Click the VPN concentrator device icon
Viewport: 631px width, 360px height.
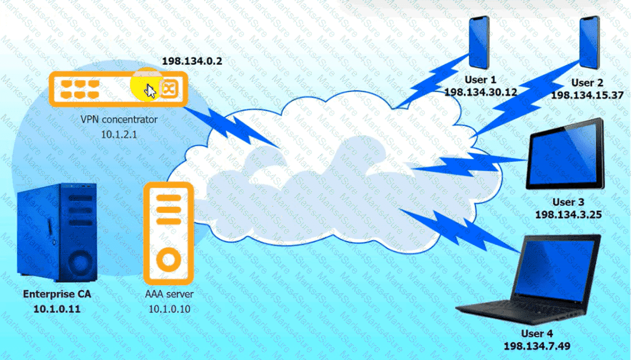pyautogui.click(x=118, y=89)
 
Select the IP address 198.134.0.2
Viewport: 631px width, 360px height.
pyautogui.click(x=192, y=61)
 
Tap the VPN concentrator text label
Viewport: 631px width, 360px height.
pyautogui.click(x=119, y=119)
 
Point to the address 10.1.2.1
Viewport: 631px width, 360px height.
pyautogui.click(x=119, y=135)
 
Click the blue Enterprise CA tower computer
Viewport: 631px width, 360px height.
pyautogui.click(x=57, y=231)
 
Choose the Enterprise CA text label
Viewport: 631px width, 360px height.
pyautogui.click(x=57, y=294)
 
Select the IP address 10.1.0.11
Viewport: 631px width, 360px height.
pyautogui.click(x=57, y=309)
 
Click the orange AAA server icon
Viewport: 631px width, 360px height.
pyautogui.click(x=168, y=233)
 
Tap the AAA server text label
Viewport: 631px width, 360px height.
pyautogui.click(x=169, y=294)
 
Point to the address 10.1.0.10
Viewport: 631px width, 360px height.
pyautogui.click(x=169, y=309)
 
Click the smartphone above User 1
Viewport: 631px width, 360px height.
pyautogui.click(x=479, y=42)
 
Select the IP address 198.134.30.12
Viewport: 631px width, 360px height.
pyautogui.click(x=480, y=92)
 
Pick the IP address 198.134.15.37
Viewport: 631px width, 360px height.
pyautogui.click(x=587, y=95)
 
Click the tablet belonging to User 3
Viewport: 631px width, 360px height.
pyautogui.click(x=565, y=154)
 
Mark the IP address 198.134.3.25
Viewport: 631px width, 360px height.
pyautogui.click(x=568, y=215)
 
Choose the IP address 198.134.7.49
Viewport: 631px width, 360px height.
pyautogui.click(x=537, y=345)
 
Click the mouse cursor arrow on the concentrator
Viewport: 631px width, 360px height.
pyautogui.click(x=150, y=91)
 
